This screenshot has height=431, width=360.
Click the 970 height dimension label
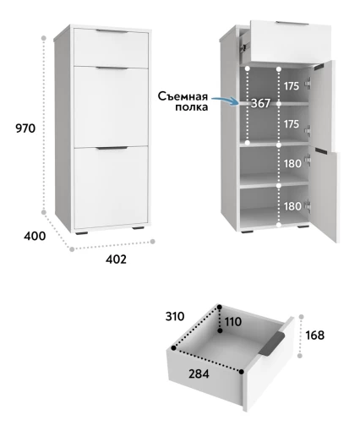coord(25,128)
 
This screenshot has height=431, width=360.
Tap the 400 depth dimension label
coord(35,236)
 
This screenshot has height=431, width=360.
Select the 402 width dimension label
coord(116,259)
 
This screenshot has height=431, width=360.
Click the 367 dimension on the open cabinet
coord(260,103)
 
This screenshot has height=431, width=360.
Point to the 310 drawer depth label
coord(175,316)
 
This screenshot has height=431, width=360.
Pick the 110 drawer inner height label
coord(233,322)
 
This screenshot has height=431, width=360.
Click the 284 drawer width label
coord(199,374)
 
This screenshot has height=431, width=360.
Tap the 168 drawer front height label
coord(315,336)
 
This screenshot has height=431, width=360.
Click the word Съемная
coord(183,96)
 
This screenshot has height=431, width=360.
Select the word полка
coord(192,107)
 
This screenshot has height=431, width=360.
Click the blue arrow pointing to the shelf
coord(225,101)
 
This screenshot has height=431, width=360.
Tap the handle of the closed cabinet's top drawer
coord(112,31)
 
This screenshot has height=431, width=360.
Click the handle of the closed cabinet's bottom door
coord(112,148)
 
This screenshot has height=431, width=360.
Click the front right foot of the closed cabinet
coord(139,227)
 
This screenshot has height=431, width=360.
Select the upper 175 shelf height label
coord(291,86)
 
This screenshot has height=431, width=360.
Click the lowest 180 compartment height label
coord(292,206)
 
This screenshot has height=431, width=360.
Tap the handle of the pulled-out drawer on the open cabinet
coord(292,23)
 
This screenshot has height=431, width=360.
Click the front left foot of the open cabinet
coord(248,232)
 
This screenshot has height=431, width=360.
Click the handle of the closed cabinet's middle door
coord(112,68)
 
